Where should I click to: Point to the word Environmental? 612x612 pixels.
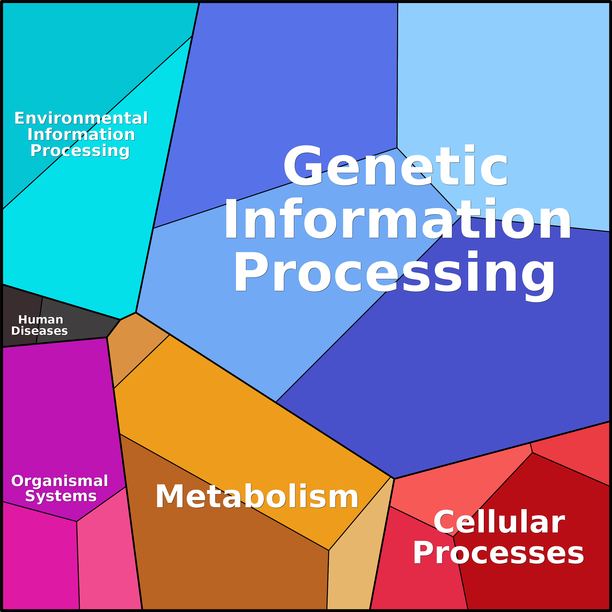coord(81,118)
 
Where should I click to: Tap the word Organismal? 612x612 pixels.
coord(59,481)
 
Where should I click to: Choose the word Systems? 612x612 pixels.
coord(61,496)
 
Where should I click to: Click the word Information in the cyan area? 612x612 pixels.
coord(81,135)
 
